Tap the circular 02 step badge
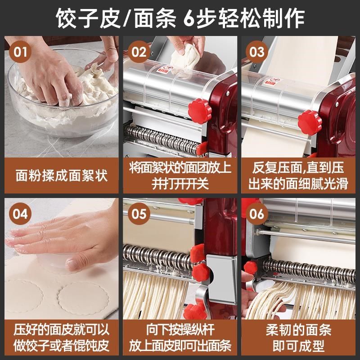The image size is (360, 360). [x=139, y=51]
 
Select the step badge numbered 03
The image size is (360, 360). [x=256, y=51]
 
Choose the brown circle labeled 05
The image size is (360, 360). [x=139, y=213]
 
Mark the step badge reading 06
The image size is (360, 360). [x=256, y=213]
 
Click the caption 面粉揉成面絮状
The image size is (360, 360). [x=62, y=175]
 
